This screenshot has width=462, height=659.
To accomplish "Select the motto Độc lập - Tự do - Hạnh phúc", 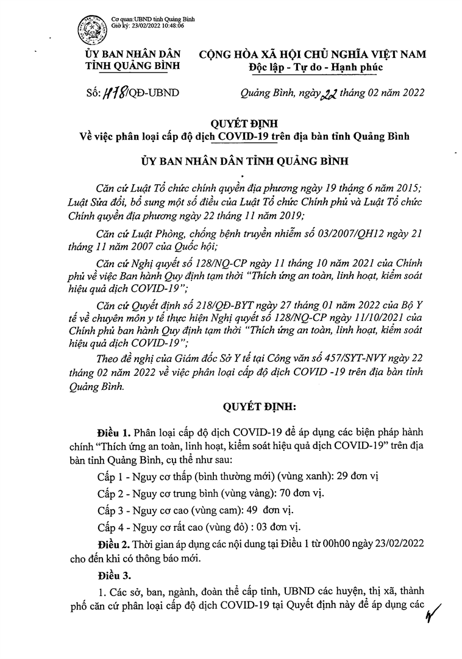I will coord(316,67).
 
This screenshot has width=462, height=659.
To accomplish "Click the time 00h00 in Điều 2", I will coord(324,543).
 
